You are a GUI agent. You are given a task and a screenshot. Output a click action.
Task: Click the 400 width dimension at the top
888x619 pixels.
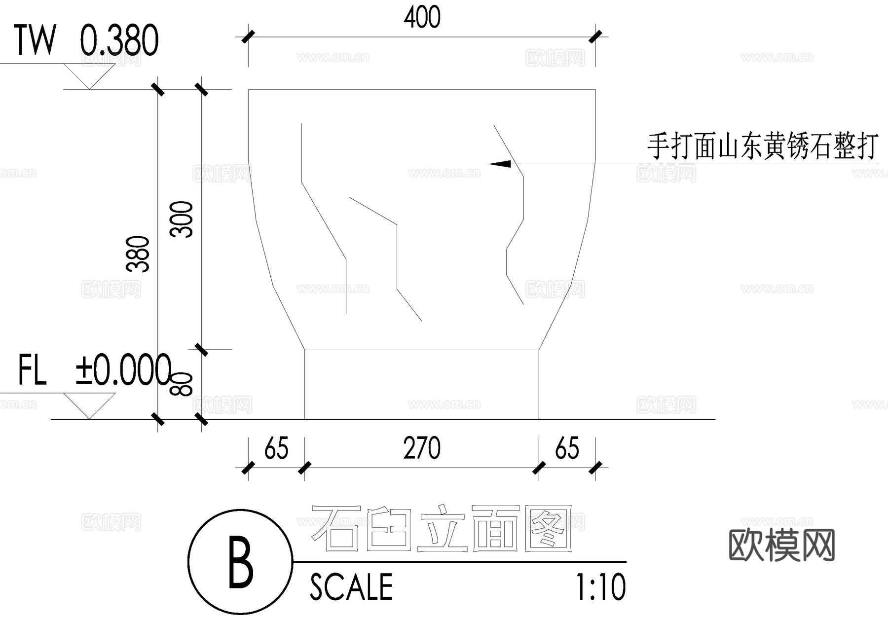(422, 18)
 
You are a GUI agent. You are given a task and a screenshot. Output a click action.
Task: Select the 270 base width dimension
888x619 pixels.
(422, 449)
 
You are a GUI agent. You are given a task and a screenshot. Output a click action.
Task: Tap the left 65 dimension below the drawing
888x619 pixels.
(276, 449)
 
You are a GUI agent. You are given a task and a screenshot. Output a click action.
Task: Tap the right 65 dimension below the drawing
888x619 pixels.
(567, 449)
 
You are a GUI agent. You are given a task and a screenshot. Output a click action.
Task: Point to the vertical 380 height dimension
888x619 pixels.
(139, 254)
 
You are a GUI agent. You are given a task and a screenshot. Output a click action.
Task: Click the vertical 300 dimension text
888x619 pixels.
(182, 219)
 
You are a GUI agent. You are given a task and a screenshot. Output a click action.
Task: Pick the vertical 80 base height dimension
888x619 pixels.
(182, 384)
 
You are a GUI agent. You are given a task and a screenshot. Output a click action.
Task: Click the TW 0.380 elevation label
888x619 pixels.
(87, 40)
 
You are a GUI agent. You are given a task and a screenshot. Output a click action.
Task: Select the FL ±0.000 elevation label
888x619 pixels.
(94, 370)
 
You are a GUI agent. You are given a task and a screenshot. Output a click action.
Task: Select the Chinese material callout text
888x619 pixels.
(762, 146)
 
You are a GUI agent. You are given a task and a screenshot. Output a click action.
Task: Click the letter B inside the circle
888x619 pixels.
(241, 563)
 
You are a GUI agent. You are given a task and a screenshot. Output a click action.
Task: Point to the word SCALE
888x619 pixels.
(351, 587)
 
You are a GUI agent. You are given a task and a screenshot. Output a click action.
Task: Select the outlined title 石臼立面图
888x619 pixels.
(442, 528)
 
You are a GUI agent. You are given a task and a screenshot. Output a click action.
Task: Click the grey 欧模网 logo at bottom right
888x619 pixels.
(781, 545)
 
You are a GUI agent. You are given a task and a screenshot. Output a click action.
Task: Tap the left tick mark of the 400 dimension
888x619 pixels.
(248, 36)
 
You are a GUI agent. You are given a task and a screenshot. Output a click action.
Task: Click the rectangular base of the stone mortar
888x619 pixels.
(421, 384)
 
